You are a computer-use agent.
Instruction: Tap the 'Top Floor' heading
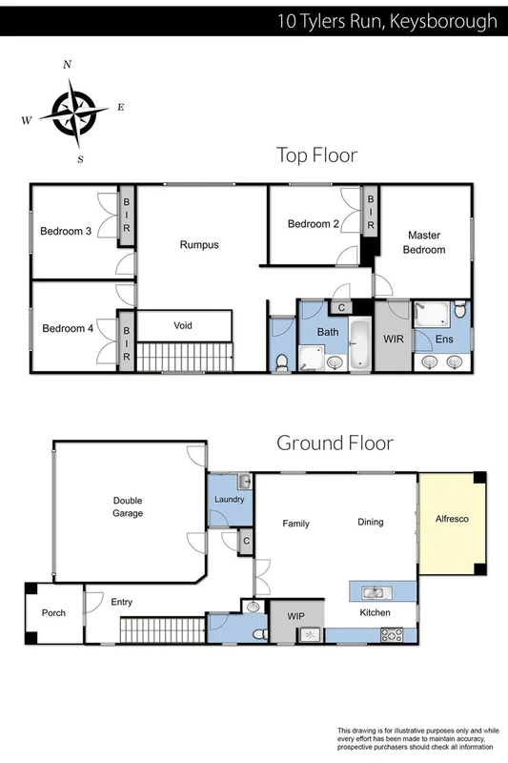315,155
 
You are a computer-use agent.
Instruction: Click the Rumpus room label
199,245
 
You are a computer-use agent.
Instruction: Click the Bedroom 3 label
66,230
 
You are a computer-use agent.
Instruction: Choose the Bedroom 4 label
68,328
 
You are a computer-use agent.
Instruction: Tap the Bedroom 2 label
314,224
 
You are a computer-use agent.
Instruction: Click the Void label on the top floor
183,325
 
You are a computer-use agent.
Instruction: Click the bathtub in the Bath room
361,345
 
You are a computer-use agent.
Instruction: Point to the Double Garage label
128,506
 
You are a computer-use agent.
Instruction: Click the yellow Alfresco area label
452,520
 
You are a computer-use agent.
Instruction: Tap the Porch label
54,612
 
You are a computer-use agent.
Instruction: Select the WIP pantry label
296,617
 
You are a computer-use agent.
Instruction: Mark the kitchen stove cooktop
393,635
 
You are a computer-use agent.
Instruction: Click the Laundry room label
230,500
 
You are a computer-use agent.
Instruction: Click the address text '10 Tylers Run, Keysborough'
386,20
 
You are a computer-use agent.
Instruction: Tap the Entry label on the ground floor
122,602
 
